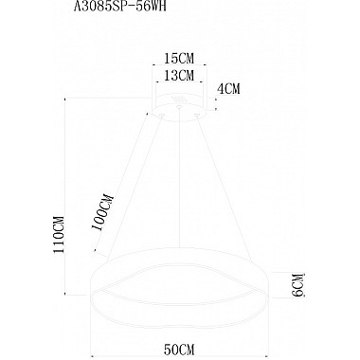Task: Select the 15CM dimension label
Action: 180,56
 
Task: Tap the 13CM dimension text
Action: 180,75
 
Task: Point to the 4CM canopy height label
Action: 229,90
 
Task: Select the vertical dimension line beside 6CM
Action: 280,281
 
